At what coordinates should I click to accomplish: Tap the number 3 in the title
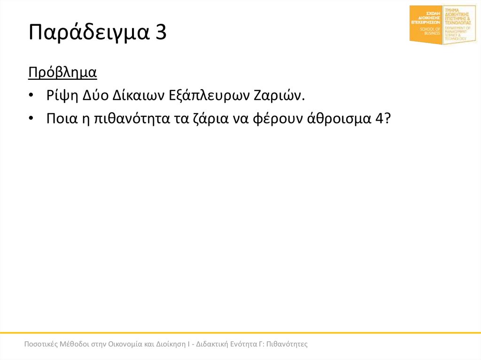[159, 33]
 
